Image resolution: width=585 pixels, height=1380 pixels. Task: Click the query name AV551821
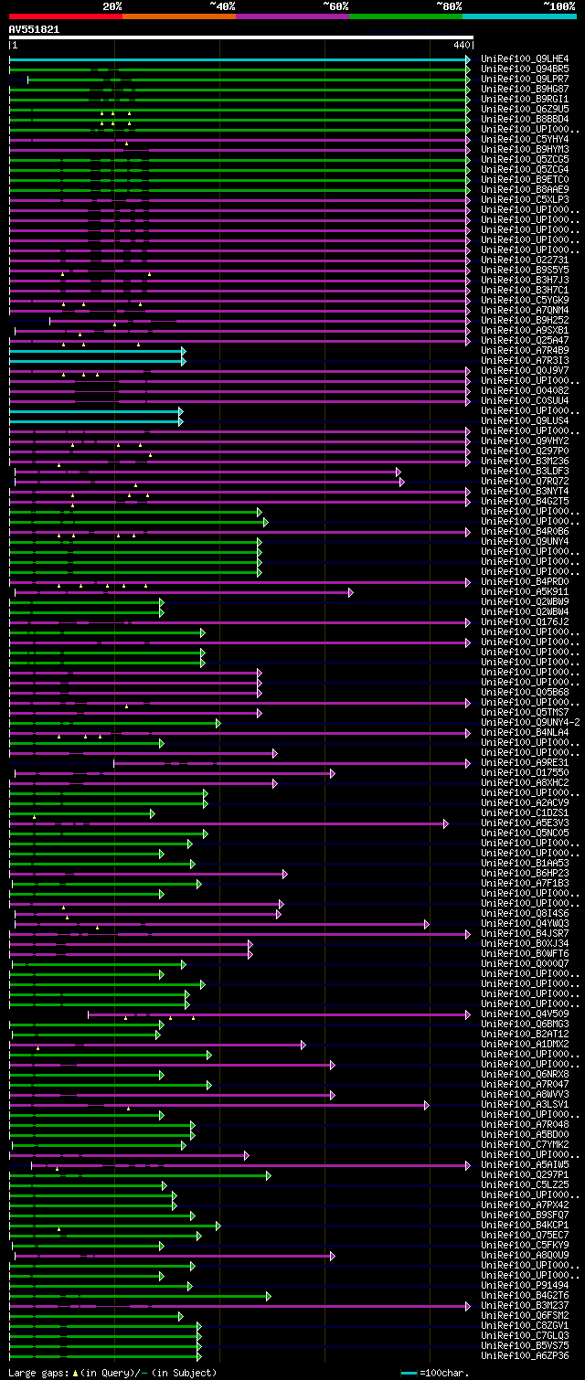click(x=35, y=29)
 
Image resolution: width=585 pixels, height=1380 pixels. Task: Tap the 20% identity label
click(x=112, y=5)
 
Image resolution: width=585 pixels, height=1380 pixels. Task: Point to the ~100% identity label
click(x=558, y=5)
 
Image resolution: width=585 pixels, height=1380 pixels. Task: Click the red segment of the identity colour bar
click(x=65, y=16)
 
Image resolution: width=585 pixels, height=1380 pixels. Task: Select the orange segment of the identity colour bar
click(x=178, y=16)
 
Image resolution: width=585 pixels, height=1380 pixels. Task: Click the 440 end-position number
click(x=460, y=45)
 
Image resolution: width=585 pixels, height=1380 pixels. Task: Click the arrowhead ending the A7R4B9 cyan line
click(x=184, y=351)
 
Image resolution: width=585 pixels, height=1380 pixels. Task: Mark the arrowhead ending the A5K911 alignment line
click(x=351, y=592)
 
